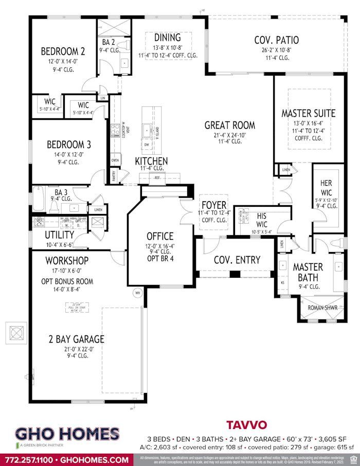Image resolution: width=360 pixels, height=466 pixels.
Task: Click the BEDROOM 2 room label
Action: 63,51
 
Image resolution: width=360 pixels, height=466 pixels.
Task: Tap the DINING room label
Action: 168,38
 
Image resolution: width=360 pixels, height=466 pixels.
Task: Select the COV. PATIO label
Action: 276,40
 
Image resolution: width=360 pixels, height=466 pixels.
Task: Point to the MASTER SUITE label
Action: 308,113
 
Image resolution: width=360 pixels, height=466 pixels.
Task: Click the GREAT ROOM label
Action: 229,125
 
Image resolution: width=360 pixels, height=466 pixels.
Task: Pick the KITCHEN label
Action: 152,161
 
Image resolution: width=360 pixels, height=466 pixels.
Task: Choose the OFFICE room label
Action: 160,236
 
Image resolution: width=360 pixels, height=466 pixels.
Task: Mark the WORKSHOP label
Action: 67,261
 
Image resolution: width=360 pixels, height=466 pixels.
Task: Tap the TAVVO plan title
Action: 247,425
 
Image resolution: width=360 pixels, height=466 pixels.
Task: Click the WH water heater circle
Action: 138,293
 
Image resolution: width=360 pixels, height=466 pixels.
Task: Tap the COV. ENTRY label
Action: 237,260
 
